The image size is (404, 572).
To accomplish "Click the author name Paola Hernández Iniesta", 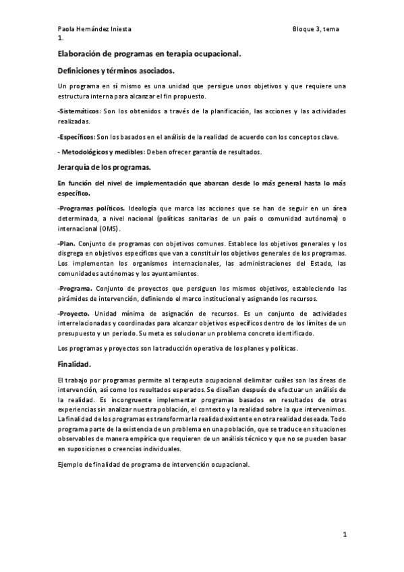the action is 94,29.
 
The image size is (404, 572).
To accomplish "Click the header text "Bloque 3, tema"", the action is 319,29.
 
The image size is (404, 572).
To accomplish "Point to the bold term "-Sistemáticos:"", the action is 80,111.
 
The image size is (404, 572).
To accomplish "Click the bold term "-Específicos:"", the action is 77,137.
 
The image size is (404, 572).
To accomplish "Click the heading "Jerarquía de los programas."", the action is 104,167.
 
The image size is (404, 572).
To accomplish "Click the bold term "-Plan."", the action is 66,244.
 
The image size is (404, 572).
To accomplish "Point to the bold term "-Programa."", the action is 76,289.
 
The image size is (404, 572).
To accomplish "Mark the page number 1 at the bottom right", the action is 344,535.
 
